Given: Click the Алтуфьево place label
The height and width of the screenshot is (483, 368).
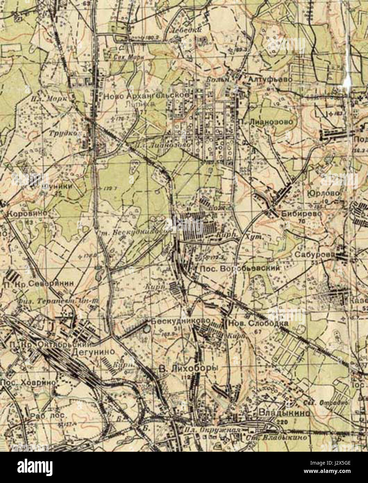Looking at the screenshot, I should tap(270, 80).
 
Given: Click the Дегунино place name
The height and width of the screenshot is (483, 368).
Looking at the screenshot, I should tap(93, 351).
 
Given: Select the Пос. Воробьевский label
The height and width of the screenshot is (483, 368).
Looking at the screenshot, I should tap(240, 268).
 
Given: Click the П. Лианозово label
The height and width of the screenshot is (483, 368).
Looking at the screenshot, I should tap(268, 122).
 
